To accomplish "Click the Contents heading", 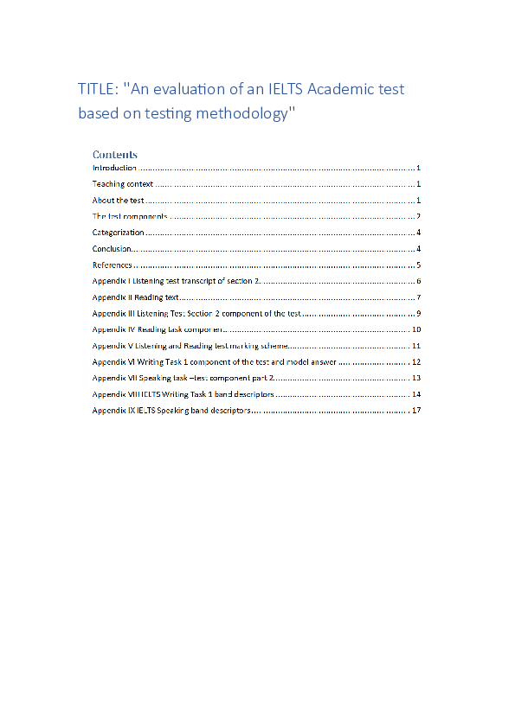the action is [x=115, y=155].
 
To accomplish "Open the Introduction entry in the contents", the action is [x=114, y=168].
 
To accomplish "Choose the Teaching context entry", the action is [x=123, y=184].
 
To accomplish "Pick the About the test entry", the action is [x=119, y=201].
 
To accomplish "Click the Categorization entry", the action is [x=119, y=233].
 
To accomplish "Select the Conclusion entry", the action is [x=113, y=249].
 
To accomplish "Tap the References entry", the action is [x=113, y=265].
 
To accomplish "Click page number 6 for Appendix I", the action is [x=418, y=281].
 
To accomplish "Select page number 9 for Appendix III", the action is [x=418, y=314].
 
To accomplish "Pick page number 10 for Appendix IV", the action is [x=416, y=329].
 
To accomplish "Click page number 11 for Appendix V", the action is [x=416, y=346].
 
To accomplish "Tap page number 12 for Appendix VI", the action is [x=416, y=362].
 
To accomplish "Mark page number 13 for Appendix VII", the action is [x=416, y=378].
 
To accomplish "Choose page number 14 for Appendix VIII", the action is [x=416, y=394].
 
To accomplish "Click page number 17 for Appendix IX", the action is [x=416, y=411].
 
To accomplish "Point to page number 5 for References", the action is [x=418, y=265].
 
